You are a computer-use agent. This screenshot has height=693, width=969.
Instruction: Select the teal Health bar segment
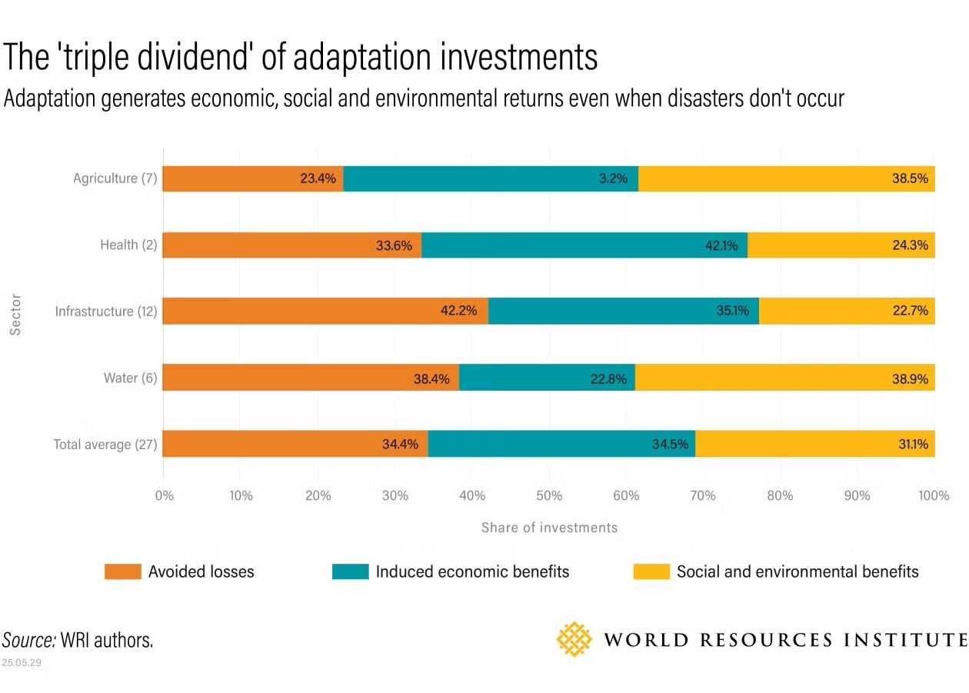584,245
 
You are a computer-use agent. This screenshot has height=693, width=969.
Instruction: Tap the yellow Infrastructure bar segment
847,311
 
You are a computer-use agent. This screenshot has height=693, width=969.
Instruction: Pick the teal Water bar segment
547,378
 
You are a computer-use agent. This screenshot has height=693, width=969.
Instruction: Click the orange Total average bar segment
295,444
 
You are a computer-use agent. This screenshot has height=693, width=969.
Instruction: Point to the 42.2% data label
458,312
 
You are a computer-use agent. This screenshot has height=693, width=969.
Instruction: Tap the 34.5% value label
670,445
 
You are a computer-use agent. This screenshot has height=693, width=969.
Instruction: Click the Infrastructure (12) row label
106,312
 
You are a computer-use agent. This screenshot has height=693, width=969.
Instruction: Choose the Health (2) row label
129,245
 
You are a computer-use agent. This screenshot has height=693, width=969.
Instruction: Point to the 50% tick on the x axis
549,496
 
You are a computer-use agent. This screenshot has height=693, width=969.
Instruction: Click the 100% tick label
934,496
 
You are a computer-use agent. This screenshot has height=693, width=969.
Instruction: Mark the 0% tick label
165,496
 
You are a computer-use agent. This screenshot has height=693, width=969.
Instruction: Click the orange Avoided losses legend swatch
123,571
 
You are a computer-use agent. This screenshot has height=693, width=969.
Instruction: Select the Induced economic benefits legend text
472,571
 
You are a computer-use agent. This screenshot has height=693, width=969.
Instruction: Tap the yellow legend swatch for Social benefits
651,571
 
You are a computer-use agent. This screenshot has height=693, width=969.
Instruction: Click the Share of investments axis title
549,528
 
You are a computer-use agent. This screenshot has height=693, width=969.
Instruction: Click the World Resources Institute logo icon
574,639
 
